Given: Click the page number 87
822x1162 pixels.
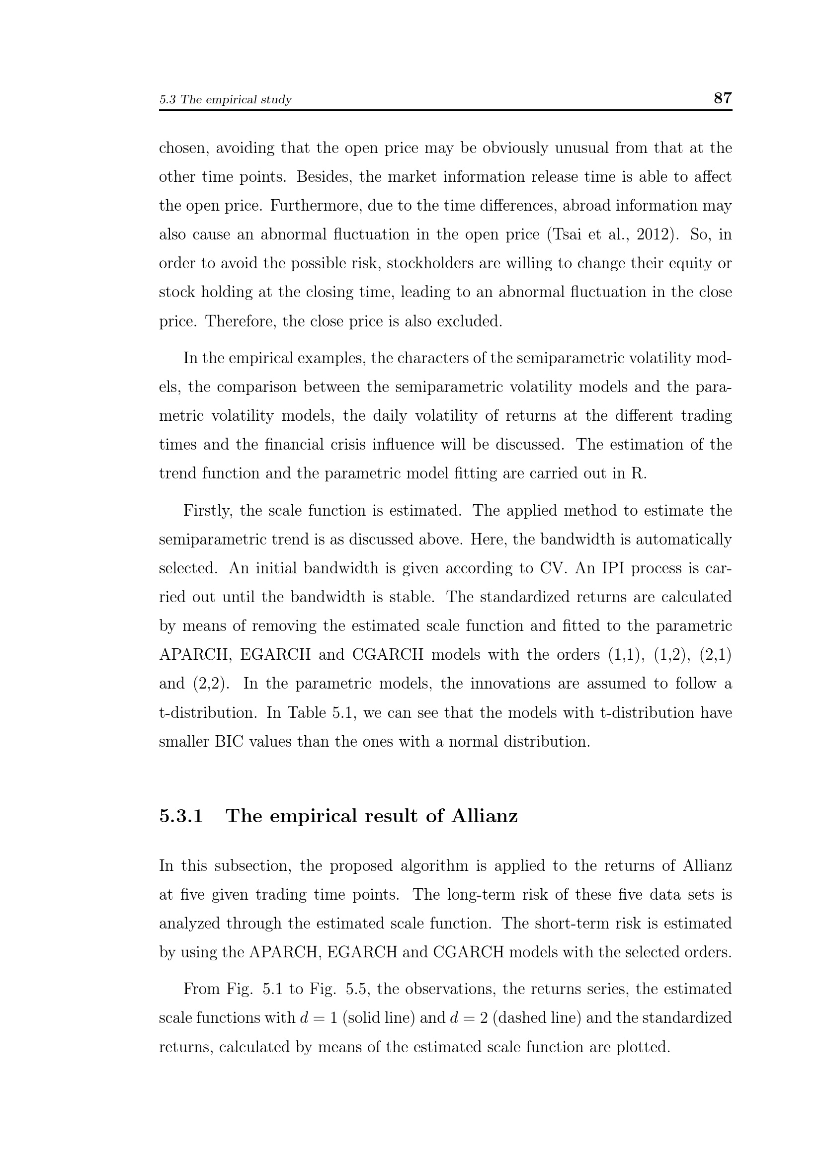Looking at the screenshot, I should click(x=722, y=98).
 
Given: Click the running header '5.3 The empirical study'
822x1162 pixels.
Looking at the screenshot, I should click(x=225, y=100).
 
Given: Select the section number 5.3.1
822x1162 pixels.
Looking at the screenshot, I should click(x=181, y=816).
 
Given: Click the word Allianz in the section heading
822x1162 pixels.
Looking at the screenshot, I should click(x=485, y=816).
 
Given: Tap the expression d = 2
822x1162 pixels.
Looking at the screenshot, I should click(x=468, y=1018).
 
